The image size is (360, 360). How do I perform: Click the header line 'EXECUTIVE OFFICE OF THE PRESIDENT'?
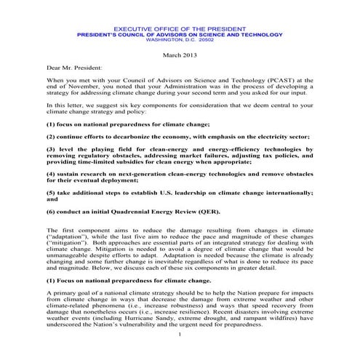pos(179,27)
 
